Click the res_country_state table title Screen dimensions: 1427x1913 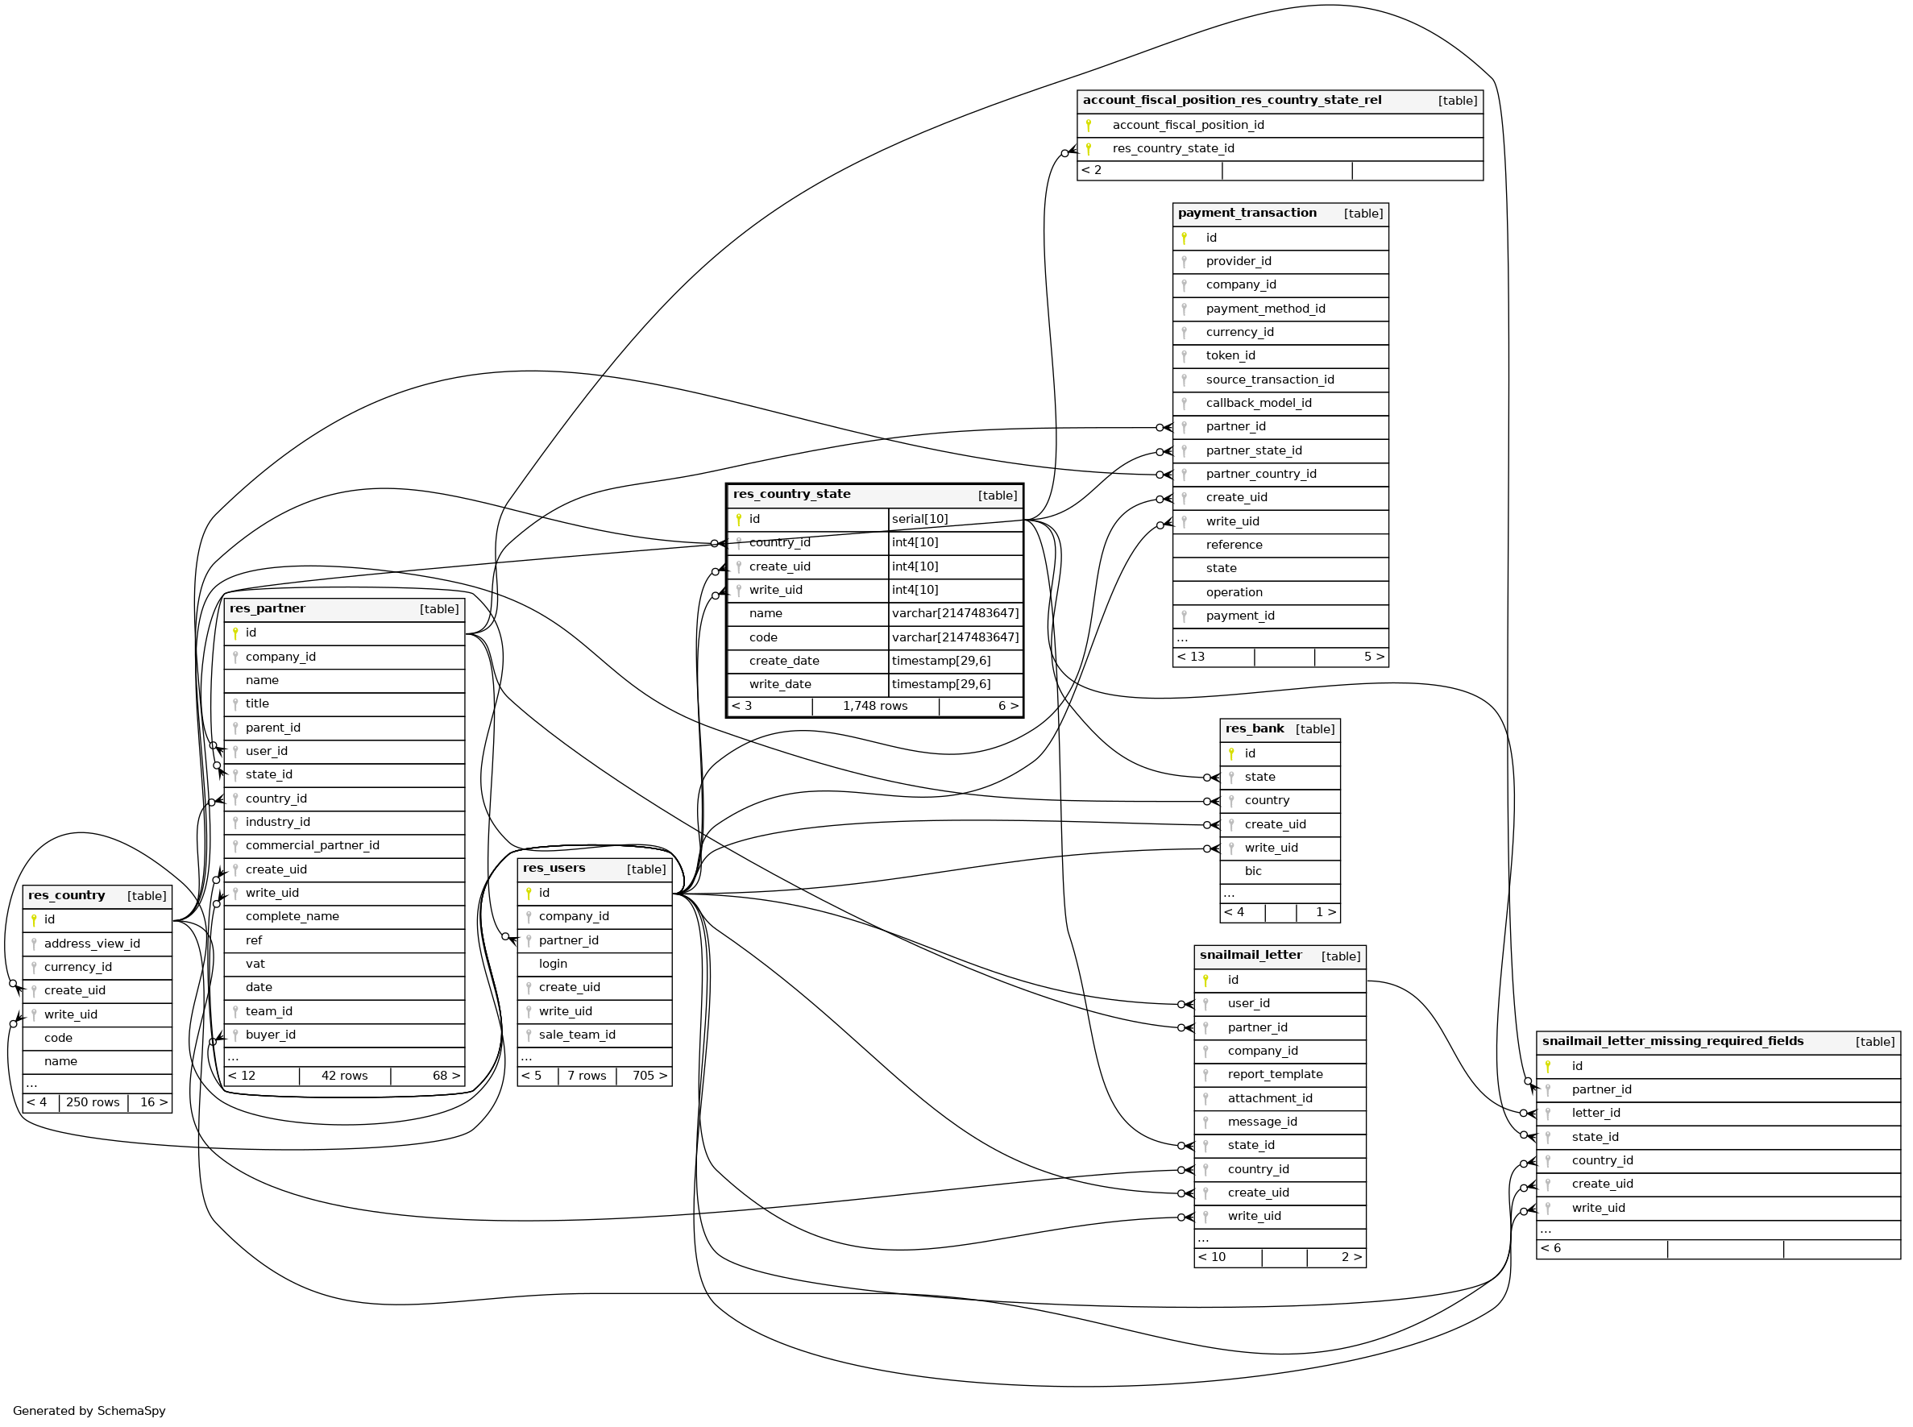[x=791, y=494]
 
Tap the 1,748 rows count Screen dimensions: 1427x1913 [x=874, y=707]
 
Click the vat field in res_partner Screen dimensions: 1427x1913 [x=255, y=964]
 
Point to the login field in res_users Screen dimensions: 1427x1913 [x=553, y=964]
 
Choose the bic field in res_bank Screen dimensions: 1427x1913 [x=1252, y=872]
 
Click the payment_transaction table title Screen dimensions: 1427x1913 [x=1247, y=214]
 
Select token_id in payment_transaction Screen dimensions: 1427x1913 [x=1230, y=356]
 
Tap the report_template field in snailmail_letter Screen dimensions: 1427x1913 [x=1275, y=1075]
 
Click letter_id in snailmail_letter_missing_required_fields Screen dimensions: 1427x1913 [x=1596, y=1114]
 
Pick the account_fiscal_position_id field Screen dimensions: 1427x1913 [x=1188, y=125]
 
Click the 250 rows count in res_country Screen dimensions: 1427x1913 [x=93, y=1103]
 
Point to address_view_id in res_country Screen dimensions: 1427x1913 [x=92, y=944]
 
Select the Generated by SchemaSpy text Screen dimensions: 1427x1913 [x=89, y=1411]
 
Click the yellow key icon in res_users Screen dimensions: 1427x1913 [x=529, y=893]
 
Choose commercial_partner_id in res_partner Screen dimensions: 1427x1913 [x=312, y=846]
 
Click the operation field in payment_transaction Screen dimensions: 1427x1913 [x=1234, y=592]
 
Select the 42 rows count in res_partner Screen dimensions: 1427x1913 [x=344, y=1076]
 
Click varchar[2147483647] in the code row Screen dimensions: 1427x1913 [x=954, y=637]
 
